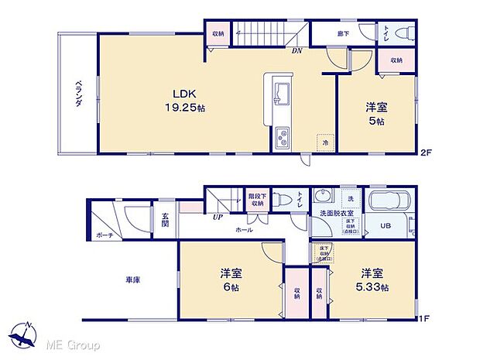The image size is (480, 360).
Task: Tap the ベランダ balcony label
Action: tap(78, 97)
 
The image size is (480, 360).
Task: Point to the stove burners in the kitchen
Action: tap(281, 140)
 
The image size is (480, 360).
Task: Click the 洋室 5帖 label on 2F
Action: tap(376, 115)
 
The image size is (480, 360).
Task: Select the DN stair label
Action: tap(297, 53)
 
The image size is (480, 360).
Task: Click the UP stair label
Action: tap(218, 216)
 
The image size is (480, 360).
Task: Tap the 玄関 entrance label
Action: tap(166, 219)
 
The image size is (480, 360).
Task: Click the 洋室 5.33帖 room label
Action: tap(371, 279)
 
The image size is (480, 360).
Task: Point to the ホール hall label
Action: tap(245, 229)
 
